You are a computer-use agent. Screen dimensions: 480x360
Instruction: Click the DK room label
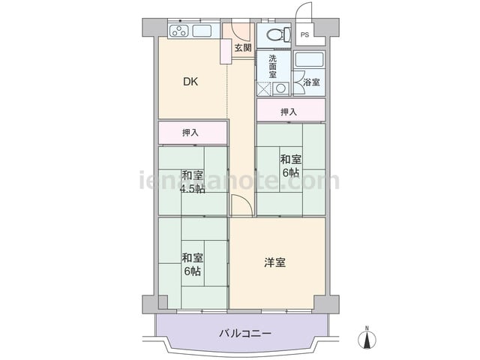(x=190, y=82)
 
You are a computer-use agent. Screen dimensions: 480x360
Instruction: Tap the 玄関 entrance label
(x=243, y=47)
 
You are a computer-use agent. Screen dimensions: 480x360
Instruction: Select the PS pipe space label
(x=304, y=35)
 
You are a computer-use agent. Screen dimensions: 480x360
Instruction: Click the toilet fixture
(x=278, y=34)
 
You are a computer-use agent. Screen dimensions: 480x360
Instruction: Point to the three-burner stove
(x=179, y=31)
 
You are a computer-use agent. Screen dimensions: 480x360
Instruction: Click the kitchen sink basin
(x=202, y=31)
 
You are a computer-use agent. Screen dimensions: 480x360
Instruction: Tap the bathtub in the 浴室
(x=310, y=60)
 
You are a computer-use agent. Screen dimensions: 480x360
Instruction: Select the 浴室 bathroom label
(x=312, y=82)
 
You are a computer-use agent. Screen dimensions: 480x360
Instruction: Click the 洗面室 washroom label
(x=272, y=66)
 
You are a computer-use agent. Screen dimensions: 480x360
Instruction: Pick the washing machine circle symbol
(x=280, y=88)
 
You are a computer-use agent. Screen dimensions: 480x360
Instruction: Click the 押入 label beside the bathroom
(x=289, y=112)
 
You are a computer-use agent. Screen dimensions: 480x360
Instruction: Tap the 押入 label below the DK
(x=190, y=133)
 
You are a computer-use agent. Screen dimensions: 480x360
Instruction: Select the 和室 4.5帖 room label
(x=192, y=182)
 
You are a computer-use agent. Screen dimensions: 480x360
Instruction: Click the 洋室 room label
(x=275, y=262)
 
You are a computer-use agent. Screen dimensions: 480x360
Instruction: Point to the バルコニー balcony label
(x=245, y=333)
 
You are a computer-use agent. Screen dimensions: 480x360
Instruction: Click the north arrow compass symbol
(x=367, y=338)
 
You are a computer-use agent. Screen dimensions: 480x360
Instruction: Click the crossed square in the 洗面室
(x=265, y=89)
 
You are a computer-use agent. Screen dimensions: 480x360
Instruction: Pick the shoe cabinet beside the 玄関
(x=226, y=52)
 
